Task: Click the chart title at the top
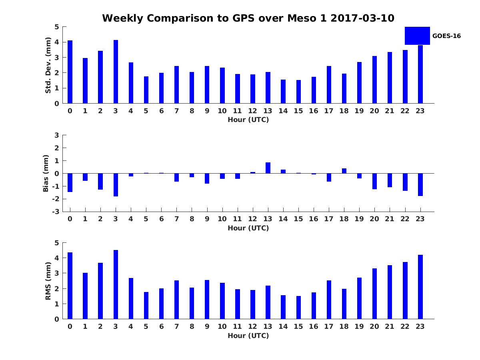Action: pyautogui.click(x=248, y=18)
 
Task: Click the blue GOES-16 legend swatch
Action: pyautogui.click(x=417, y=36)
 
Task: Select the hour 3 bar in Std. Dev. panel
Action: pyautogui.click(x=116, y=72)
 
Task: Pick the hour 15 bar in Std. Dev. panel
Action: pyautogui.click(x=298, y=92)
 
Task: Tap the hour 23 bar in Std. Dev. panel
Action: pyautogui.click(x=420, y=74)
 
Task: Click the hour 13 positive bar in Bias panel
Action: pyautogui.click(x=268, y=168)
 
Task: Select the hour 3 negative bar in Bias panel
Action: pyautogui.click(x=116, y=185)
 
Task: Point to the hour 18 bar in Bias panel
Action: pyautogui.click(x=344, y=171)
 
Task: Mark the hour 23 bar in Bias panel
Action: pyautogui.click(x=420, y=184)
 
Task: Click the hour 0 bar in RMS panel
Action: pyautogui.click(x=70, y=286)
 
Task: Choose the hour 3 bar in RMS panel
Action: pyautogui.click(x=116, y=284)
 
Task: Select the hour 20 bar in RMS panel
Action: pyautogui.click(x=374, y=294)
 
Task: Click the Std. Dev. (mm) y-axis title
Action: pyautogui.click(x=48, y=65)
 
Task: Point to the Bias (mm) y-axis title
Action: pyautogui.click(x=46, y=173)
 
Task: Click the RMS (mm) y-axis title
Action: pyautogui.click(x=48, y=281)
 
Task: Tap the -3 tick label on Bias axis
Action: pyautogui.click(x=56, y=212)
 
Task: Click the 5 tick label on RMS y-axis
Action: pyautogui.click(x=57, y=243)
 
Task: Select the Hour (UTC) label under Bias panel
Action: pyautogui.click(x=248, y=228)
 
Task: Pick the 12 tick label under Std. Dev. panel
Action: pyautogui.click(x=253, y=111)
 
